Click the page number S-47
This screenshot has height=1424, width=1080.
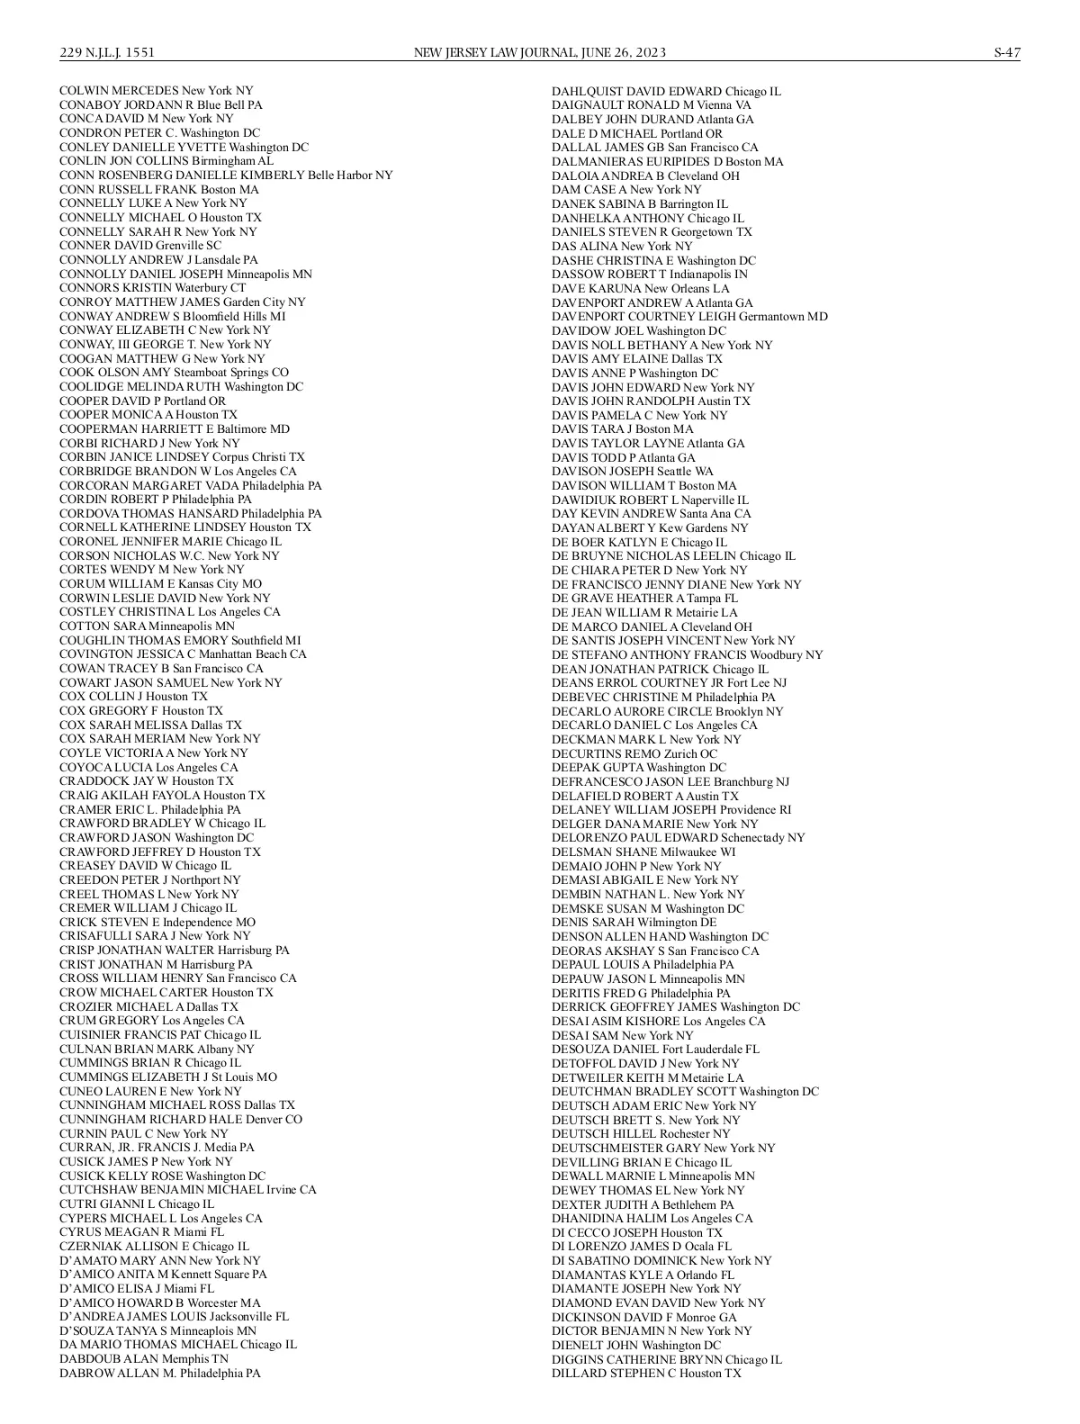[x=1006, y=53]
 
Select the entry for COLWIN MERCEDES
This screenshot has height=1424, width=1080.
[x=156, y=91]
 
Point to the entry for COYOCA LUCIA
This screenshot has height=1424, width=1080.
[x=148, y=767]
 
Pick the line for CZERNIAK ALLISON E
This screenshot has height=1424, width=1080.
[x=154, y=1247]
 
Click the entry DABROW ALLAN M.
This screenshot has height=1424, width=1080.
[x=159, y=1374]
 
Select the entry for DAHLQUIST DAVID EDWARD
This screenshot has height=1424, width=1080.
[x=666, y=92]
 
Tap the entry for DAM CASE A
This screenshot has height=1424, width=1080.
[x=625, y=190]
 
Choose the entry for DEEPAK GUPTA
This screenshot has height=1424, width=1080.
[x=638, y=768]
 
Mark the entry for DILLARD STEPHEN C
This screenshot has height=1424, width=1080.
[x=646, y=1374]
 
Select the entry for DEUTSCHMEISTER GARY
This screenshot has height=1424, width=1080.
[x=662, y=1148]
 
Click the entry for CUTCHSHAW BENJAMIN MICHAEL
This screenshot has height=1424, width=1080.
[x=187, y=1190]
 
